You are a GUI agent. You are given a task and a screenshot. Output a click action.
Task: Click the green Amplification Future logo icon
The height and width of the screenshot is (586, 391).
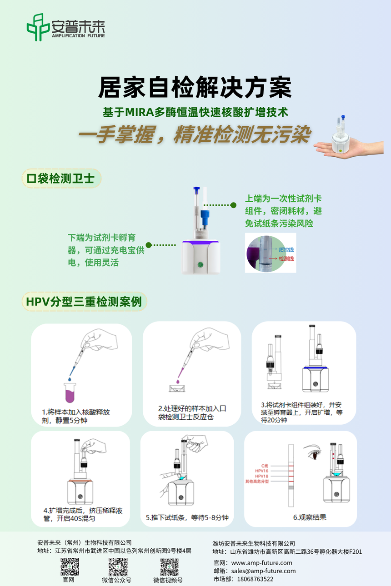38,27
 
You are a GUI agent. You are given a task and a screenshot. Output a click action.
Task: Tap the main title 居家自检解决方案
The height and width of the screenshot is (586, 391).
195,87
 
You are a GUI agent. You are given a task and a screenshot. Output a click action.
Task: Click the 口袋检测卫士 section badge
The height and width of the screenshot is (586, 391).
61,179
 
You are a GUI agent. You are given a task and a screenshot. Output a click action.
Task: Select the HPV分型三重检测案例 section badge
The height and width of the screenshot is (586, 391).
84,302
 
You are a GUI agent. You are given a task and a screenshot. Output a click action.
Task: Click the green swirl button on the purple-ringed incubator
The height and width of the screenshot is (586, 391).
201,264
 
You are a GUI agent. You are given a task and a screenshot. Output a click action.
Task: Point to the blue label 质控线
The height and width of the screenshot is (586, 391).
286,250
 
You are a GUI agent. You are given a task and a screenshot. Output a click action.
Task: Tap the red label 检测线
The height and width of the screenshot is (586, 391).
286,259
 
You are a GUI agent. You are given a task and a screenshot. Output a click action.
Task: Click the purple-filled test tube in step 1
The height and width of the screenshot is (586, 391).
70,392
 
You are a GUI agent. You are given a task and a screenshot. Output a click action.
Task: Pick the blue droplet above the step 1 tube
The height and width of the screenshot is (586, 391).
70,379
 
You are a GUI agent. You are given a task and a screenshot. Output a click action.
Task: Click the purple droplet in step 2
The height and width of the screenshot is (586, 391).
178,382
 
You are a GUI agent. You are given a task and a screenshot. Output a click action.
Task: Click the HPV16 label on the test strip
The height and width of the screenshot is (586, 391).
261,471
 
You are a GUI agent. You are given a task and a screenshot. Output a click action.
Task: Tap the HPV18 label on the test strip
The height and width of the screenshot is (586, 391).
261,476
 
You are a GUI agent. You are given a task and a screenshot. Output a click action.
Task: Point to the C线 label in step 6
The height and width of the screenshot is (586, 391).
265,466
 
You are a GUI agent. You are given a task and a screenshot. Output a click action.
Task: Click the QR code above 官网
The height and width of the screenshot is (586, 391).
70,566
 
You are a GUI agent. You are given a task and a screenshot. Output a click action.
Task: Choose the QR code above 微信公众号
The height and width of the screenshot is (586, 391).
118,566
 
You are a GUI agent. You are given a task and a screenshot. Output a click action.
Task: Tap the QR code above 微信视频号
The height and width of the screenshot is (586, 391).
169,566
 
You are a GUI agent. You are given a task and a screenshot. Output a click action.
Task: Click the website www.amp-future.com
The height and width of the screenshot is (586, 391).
261,563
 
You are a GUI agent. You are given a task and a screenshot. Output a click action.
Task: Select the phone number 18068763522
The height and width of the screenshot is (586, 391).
255,579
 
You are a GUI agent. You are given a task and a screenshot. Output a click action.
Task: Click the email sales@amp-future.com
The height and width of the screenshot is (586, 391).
263,571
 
